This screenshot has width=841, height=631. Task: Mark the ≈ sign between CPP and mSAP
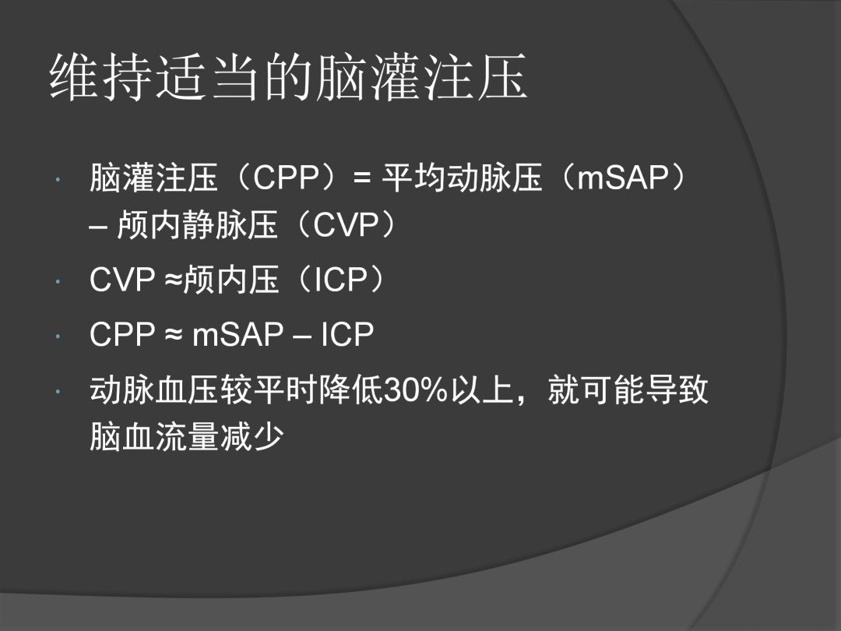[x=174, y=336]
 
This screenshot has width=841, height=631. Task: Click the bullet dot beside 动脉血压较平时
[x=58, y=392]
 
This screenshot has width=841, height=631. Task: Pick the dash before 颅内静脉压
[x=99, y=228]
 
